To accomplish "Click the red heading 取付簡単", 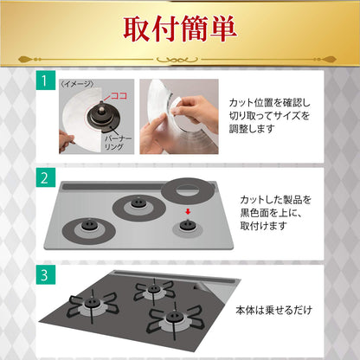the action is pos(180,29).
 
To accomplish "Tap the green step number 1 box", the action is pos(46,80).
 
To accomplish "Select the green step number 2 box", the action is pos(46,177).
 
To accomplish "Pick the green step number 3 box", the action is pos(46,275).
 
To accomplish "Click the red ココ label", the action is pos(119,96).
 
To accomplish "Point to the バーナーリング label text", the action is pos(118,143).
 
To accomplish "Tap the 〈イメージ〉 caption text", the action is pos(77,84).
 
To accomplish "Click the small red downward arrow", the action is pos(188,212).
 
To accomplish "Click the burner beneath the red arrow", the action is pos(187,226).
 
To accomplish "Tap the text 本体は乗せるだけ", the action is pos(274,311).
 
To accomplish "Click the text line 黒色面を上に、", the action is pos(271,213).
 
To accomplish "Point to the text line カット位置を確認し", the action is pos(270,103).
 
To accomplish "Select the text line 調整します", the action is pos(252,129).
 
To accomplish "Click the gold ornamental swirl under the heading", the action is pos(177,60).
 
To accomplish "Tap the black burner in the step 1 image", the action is pos(104,117).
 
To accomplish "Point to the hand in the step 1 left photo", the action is pos(67,142).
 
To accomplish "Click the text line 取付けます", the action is pos(263,226).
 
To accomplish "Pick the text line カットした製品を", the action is pos(276,200).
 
